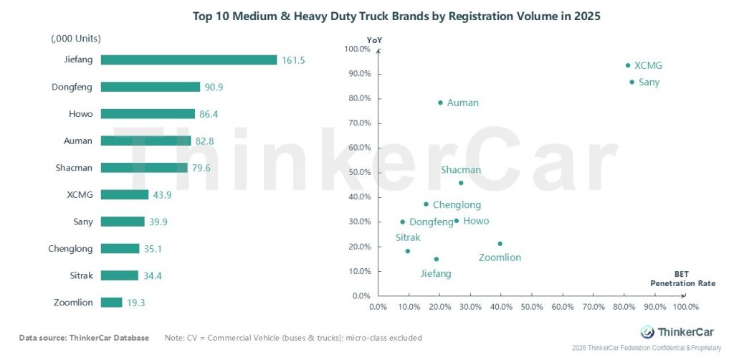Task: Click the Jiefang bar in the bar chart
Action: pos(189,60)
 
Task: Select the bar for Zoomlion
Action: pos(111,303)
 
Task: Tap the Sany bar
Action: pos(123,222)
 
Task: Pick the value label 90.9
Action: pos(213,87)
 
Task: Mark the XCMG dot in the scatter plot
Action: pos(628,65)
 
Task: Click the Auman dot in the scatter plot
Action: pos(440,103)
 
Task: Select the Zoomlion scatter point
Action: pos(500,244)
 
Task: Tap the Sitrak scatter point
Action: pos(407,251)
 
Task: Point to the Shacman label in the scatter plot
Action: pos(461,170)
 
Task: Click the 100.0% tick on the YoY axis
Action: pos(356,49)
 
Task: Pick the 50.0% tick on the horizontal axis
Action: pos(531,307)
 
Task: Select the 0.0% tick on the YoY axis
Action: pos(361,295)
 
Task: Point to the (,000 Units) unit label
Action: pos(76,38)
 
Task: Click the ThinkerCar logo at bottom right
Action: pos(670,332)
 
